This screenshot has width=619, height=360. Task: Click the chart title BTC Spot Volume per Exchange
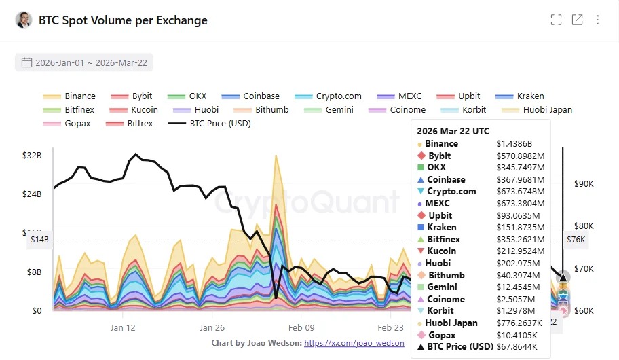(x=123, y=20)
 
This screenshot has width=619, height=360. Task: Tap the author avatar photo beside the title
(x=23, y=20)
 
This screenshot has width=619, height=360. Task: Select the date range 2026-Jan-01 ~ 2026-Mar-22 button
(x=84, y=62)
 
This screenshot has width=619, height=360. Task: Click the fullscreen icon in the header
(x=556, y=20)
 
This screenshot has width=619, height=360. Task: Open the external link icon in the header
(x=577, y=20)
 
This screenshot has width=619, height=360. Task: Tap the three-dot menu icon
(x=598, y=20)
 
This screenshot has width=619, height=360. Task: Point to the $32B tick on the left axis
(x=32, y=155)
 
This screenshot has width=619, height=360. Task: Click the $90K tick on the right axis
(x=584, y=183)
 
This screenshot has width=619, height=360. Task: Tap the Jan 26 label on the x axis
(x=212, y=327)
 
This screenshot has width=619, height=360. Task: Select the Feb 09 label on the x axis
(x=301, y=327)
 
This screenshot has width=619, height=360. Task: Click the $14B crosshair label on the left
(x=38, y=239)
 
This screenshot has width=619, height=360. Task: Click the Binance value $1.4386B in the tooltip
(x=514, y=144)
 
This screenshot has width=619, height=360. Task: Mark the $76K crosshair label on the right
(x=576, y=239)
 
